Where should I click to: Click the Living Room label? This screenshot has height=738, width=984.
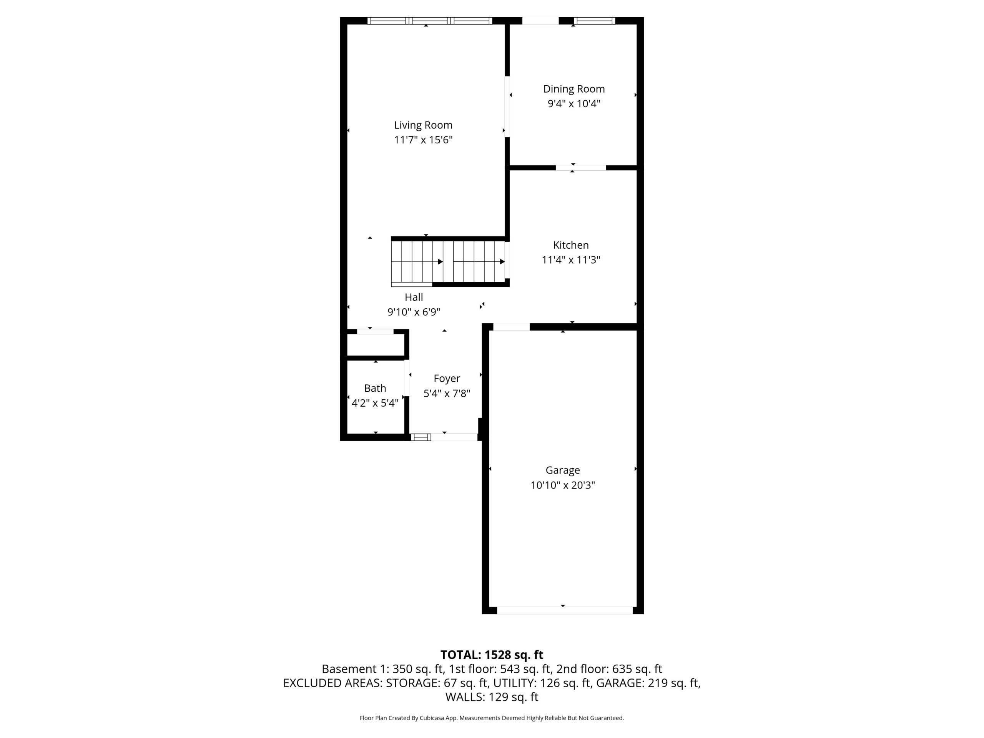(x=423, y=125)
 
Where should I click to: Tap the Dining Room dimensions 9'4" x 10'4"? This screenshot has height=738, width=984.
(x=574, y=104)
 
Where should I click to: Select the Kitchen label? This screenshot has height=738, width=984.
(x=571, y=245)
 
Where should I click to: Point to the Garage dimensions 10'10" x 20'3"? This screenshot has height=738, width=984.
(x=563, y=485)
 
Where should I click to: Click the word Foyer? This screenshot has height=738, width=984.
(x=447, y=379)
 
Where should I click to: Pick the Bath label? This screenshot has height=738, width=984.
(x=375, y=388)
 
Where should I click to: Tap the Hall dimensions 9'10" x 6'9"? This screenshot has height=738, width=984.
(x=414, y=312)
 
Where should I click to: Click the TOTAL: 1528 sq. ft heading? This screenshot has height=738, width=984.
(x=492, y=655)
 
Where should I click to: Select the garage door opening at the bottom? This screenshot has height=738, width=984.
(x=565, y=610)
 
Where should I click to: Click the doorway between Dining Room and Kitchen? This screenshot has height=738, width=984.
(x=580, y=168)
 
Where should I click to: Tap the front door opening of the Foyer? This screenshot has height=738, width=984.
(x=454, y=437)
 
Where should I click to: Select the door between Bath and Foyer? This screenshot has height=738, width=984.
(x=407, y=378)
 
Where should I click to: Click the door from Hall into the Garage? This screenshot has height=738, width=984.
(x=512, y=327)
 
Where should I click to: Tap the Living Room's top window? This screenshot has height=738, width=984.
(x=430, y=20)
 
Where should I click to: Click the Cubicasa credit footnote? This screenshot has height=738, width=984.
(x=492, y=718)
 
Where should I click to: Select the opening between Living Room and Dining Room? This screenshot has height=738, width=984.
(x=507, y=107)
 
